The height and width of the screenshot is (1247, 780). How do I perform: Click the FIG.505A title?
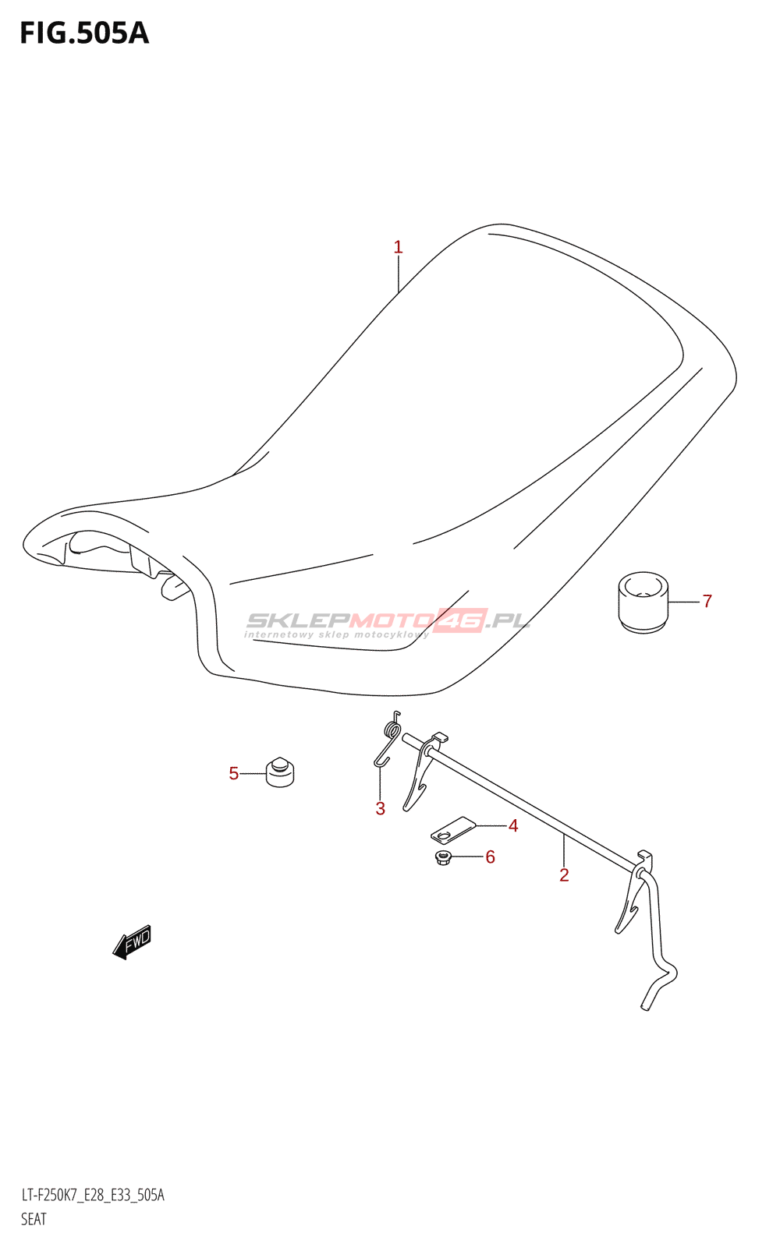coord(84,34)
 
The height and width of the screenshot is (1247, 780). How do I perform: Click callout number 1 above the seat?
coord(398,248)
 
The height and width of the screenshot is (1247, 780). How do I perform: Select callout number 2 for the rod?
coord(564,875)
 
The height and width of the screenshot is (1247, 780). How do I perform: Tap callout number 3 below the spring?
coord(380,809)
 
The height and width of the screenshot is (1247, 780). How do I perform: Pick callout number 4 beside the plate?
coord(513,826)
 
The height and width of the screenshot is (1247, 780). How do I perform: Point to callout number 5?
coord(233,774)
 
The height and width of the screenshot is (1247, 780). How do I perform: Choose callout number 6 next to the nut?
coord(490,857)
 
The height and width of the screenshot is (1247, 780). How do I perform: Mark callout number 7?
coord(707,602)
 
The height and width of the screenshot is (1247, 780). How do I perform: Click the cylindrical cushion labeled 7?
coord(643,602)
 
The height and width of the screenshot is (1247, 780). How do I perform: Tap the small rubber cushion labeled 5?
coord(280,772)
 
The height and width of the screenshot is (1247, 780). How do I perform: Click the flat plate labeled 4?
coord(452,829)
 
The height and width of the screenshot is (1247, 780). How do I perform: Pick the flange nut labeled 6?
coord(444,859)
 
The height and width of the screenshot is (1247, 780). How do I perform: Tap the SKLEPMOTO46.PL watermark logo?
coord(388,622)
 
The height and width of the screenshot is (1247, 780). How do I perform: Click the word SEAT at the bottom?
coord(34,1219)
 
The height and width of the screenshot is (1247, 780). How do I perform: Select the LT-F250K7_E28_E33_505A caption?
coord(92,1196)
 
